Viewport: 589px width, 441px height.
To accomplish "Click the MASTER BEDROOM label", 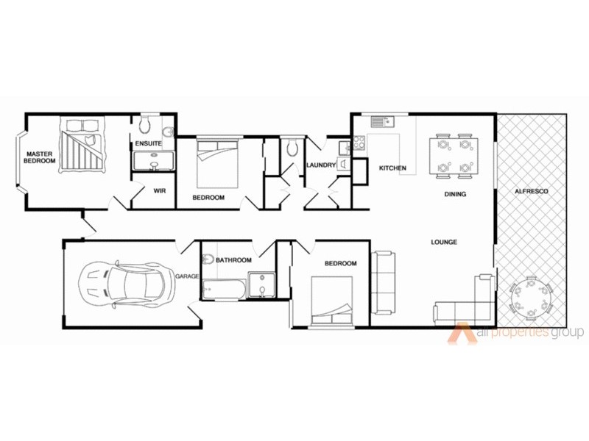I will (40, 157).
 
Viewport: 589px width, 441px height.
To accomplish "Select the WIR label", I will (158, 190).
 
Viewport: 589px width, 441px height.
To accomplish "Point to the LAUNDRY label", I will (321, 165).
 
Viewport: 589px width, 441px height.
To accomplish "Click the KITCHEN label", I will (392, 168).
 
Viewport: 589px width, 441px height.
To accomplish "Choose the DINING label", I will (456, 195).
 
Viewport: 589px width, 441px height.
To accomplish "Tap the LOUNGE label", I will (445, 242).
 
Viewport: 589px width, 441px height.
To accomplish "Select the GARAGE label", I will (188, 276).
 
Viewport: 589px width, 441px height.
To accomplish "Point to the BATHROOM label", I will (233, 260).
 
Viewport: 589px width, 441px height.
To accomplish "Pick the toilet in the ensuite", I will (145, 121).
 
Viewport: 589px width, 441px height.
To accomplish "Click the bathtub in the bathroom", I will (223, 289).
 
